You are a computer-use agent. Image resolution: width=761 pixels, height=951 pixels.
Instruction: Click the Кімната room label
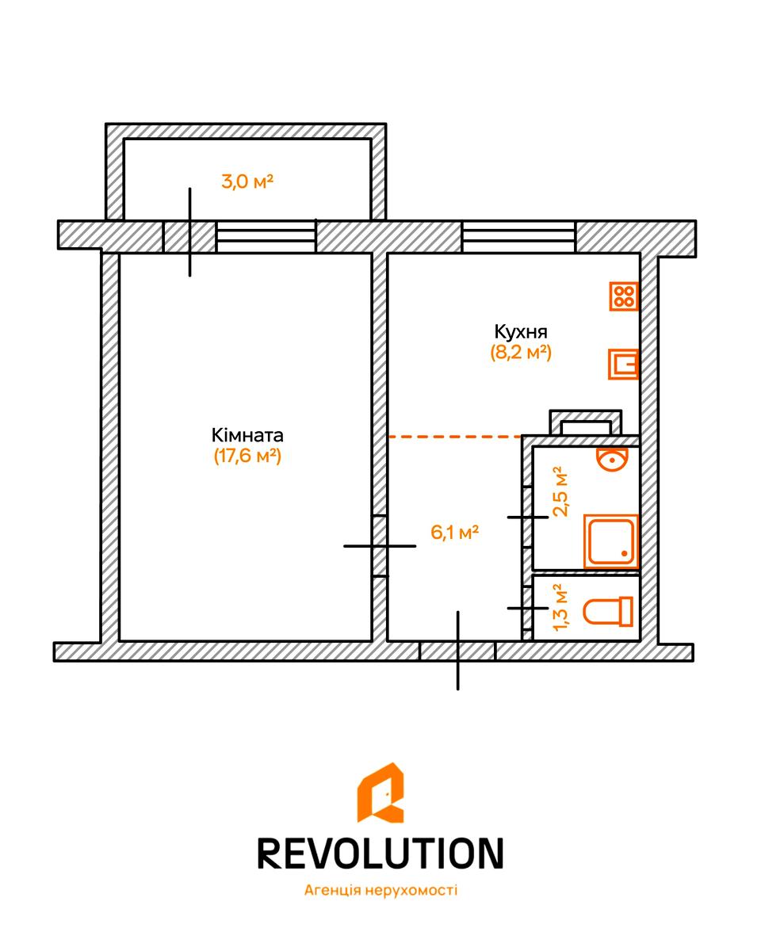pos(247,435)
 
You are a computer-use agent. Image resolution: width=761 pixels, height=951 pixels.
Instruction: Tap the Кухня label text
pos(521,331)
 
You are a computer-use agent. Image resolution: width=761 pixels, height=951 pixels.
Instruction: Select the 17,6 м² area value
pos(247,456)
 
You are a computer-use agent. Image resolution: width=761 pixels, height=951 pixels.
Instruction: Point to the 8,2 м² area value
pos(521,353)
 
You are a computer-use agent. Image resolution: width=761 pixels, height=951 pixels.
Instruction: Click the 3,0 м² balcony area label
pos(247,181)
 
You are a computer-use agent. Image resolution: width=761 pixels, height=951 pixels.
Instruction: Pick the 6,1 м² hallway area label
pos(454,533)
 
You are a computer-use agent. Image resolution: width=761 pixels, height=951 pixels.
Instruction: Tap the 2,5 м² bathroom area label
pos(561,491)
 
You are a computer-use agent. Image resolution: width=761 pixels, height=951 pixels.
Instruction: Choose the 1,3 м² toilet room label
pos(560,608)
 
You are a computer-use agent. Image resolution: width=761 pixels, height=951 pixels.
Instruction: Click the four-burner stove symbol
pos(625,296)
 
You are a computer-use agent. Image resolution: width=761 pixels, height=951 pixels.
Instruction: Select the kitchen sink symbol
pos(624,365)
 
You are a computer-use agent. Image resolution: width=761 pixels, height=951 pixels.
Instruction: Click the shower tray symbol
pos(610,541)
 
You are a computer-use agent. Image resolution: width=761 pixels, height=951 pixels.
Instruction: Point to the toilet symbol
pos(608,611)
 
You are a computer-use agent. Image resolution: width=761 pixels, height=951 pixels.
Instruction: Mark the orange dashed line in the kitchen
pos(454,437)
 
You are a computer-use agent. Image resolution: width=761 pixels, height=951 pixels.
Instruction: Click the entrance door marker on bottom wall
pos(457,651)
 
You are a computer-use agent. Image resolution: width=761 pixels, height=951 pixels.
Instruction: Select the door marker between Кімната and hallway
pos(380,546)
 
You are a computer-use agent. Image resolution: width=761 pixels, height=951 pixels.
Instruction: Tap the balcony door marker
pos(189,235)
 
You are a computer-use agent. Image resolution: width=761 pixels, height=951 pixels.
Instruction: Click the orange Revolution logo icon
pos(380,792)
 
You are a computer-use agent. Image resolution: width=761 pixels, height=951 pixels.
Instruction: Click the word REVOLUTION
pos(380,853)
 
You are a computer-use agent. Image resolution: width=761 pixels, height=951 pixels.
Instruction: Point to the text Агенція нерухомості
pos(380,890)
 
